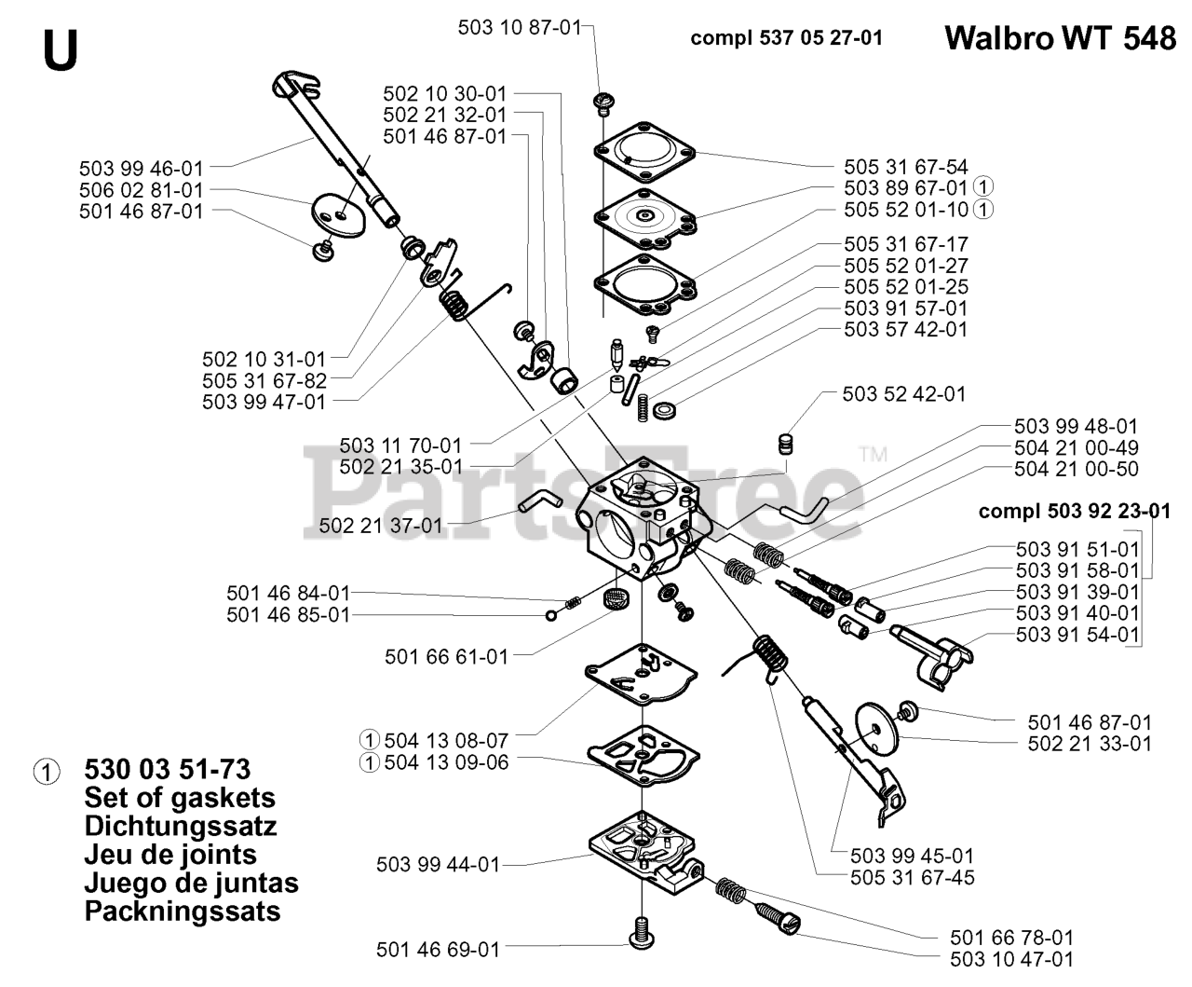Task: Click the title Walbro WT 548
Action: pyautogui.click(x=1059, y=38)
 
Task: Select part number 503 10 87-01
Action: pyautogui.click(x=519, y=28)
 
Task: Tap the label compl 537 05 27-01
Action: pyautogui.click(x=787, y=38)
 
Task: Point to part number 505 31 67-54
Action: pyautogui.click(x=906, y=167)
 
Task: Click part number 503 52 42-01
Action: pyautogui.click(x=904, y=394)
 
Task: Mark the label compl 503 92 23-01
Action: pyautogui.click(x=1075, y=511)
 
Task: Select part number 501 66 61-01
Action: pyautogui.click(x=447, y=656)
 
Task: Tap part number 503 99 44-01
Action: pyautogui.click(x=438, y=864)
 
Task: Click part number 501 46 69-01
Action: pyautogui.click(x=438, y=949)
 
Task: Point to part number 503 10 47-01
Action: pyautogui.click(x=1012, y=959)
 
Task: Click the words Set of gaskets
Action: pyautogui.click(x=180, y=798)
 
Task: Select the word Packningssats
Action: pyautogui.click(x=183, y=911)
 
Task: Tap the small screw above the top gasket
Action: pyautogui.click(x=603, y=103)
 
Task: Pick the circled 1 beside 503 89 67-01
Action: pyautogui.click(x=982, y=188)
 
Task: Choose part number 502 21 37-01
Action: pyautogui.click(x=381, y=526)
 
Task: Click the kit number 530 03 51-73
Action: pyautogui.click(x=167, y=769)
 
